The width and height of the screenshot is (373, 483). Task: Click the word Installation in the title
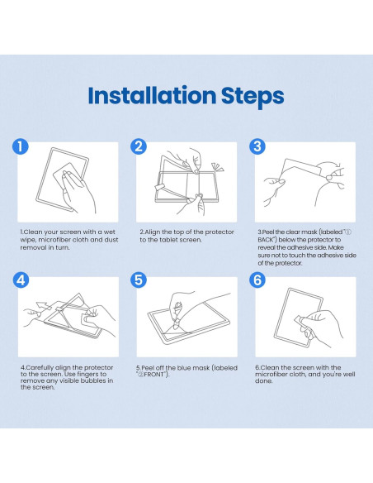coord(152,95)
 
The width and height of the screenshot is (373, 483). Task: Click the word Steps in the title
coord(253,97)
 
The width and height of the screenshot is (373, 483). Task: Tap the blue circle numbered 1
coord(21,146)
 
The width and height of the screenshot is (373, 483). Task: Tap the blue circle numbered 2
coord(139,146)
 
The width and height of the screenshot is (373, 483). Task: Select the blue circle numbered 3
coord(257,146)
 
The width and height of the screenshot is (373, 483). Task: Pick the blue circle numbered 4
coord(21,280)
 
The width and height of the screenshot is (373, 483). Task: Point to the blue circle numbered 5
coord(139,280)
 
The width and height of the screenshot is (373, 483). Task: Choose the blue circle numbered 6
coord(257,280)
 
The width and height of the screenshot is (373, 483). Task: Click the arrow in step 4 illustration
coord(43,306)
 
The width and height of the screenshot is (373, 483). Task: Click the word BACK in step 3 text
coord(265,240)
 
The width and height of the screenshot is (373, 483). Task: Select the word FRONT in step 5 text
coord(154,375)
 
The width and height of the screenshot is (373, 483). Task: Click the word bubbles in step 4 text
coord(94,380)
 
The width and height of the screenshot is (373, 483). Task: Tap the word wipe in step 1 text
coord(28,240)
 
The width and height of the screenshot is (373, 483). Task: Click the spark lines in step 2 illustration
coord(218,167)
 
